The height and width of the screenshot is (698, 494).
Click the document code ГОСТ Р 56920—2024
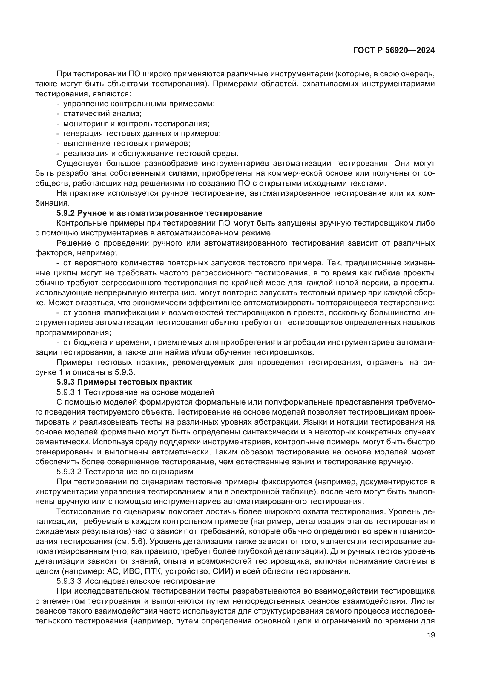394,50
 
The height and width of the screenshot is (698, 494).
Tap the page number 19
431,635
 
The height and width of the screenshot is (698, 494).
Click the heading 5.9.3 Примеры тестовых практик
124,382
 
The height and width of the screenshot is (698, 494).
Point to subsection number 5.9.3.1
69,392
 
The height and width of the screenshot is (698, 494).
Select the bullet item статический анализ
102,114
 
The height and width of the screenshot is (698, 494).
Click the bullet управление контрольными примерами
139,104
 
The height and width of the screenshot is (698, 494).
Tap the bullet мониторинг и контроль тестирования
136,124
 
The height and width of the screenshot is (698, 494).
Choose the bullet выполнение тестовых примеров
127,144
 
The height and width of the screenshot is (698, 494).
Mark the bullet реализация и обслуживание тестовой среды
151,153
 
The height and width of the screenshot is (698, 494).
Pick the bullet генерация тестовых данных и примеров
142,133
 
